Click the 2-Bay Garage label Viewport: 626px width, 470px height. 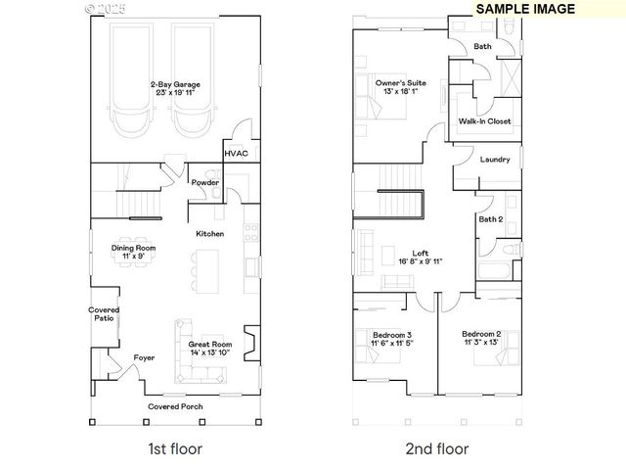[175, 89]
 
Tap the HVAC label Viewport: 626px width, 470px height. [236, 154]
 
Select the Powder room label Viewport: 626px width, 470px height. [204, 182]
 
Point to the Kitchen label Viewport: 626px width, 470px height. [210, 234]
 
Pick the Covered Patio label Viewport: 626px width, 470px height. [105, 313]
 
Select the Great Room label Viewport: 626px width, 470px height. [209, 349]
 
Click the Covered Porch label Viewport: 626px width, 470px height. [176, 405]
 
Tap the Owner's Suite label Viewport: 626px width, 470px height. [400, 88]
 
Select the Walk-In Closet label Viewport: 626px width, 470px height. [484, 121]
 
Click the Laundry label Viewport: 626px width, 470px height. [495, 159]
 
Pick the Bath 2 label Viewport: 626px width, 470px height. [491, 219]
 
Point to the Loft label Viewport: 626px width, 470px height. [421, 257]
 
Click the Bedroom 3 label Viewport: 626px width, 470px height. [392, 340]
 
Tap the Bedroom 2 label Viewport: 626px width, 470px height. [481, 338]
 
